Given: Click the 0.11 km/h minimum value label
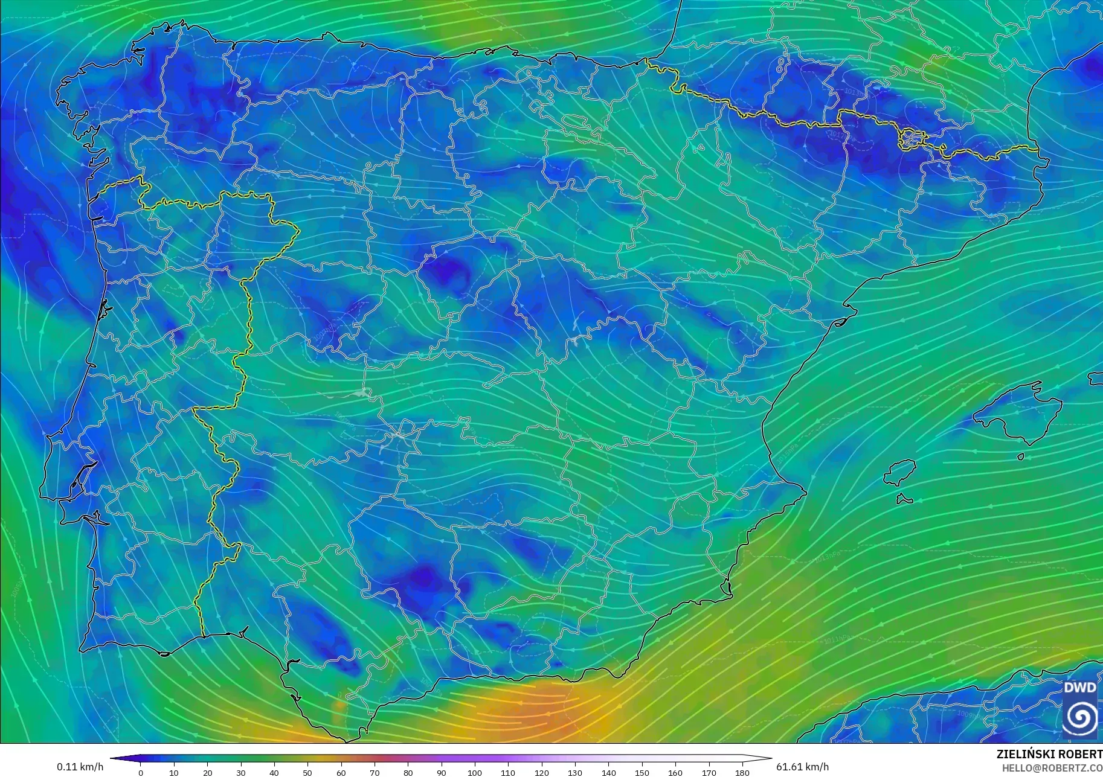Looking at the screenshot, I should [x=80, y=767].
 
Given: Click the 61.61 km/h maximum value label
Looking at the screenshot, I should [x=802, y=767].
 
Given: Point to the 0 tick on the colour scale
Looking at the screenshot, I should [x=141, y=772].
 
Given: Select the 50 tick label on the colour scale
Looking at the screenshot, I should [x=307, y=772].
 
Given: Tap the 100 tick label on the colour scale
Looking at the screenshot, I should [x=475, y=772].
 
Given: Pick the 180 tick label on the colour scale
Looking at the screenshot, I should [x=742, y=772].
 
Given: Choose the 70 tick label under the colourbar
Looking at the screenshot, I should [x=375, y=772].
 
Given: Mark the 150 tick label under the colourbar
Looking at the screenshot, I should [x=642, y=772].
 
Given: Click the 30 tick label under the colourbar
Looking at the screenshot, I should [x=241, y=772].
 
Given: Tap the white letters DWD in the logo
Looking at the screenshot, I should [x=1080, y=688].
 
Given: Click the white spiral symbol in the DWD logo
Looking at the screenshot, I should [x=1080, y=717].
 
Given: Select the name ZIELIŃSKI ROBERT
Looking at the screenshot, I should [x=1049, y=754].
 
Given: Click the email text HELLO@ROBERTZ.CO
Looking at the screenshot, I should [x=1052, y=768].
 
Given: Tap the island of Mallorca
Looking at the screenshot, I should [x=1015, y=411].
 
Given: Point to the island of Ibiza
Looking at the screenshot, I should [x=901, y=472].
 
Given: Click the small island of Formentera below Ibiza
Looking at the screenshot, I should [x=904, y=499].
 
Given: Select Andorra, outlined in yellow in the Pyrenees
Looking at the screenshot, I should [x=911, y=139].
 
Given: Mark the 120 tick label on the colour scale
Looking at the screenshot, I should [x=541, y=772].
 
